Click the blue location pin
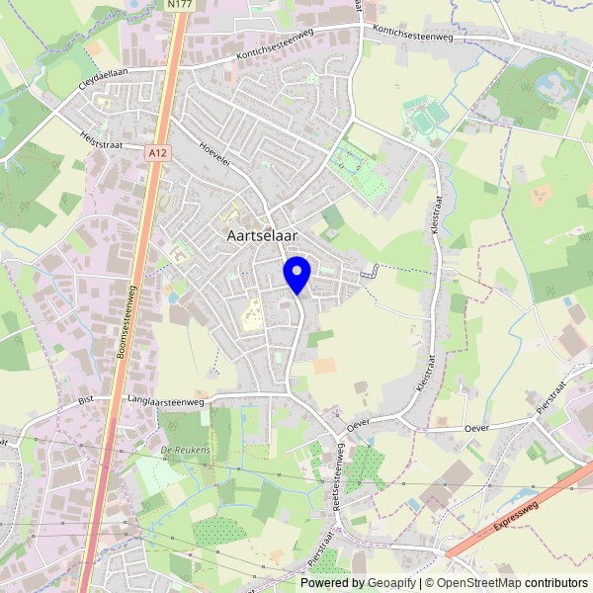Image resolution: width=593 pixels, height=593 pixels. point(296,273)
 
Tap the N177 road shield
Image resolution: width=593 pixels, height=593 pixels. point(180,5)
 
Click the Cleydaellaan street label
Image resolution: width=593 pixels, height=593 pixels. point(105,78)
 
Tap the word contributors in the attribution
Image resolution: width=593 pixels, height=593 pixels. point(556,583)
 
